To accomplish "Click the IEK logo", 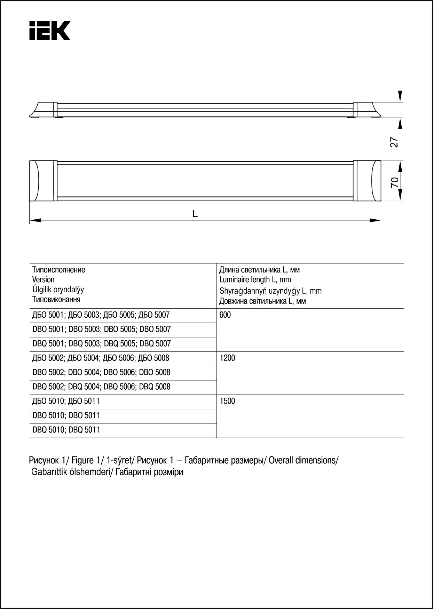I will [50, 31].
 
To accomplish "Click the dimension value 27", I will [394, 142].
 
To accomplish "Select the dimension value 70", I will [394, 182].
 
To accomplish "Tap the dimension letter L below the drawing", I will [195, 214].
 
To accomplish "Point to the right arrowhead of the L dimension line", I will [375, 220].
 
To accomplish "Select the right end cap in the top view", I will [367, 181].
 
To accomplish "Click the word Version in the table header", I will [44, 280].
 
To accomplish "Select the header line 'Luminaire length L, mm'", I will [255, 280].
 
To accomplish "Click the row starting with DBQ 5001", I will [102, 344].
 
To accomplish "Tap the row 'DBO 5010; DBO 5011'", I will [66, 416].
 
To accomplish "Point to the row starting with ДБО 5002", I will [101, 358].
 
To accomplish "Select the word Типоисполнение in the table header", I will [58, 270].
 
